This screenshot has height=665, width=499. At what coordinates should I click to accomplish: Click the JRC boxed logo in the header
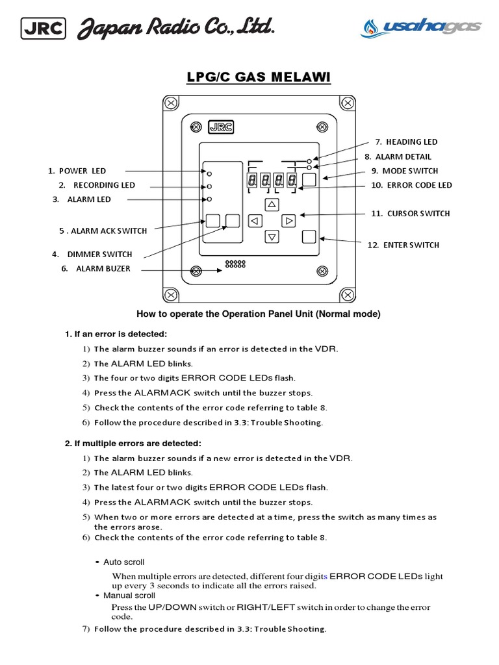point(44,28)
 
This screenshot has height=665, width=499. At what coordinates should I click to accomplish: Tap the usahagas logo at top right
point(421,27)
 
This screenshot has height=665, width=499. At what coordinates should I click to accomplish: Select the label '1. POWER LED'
point(77,171)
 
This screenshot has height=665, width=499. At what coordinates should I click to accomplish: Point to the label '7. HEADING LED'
point(406,142)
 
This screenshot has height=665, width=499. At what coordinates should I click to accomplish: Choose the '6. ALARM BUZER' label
point(96,268)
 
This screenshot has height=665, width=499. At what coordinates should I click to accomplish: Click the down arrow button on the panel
point(272,237)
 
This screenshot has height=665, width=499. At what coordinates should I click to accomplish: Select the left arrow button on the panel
point(255,221)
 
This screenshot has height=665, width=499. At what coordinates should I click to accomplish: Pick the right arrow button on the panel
point(289,221)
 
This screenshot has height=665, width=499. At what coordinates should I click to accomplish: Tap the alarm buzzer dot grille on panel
point(235,264)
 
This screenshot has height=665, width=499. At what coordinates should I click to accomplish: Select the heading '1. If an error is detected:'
point(116,334)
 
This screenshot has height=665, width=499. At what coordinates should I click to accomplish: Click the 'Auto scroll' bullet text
point(123,562)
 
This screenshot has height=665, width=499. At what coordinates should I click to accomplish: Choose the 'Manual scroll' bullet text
point(129,596)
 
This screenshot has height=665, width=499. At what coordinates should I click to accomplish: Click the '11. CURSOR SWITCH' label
point(410,213)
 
